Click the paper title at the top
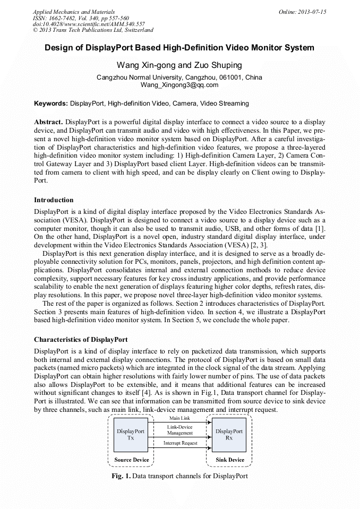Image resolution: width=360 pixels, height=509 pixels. pos(179,48)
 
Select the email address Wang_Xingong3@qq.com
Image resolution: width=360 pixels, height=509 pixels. pos(179,85)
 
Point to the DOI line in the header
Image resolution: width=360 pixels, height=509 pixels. pos(89,24)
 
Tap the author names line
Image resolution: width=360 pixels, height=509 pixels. pos(179,65)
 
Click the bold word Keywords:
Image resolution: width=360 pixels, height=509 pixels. pos(51,103)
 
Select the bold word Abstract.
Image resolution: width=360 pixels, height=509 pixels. pos(48,122)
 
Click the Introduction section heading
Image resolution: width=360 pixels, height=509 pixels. pos(54,200)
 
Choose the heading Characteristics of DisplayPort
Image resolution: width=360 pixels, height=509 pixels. pos(81,339)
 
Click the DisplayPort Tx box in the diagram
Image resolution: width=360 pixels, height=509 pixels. pos(131,435)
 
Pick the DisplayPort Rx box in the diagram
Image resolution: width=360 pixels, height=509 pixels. pos(229,435)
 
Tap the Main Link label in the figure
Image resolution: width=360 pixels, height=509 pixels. pos(179,419)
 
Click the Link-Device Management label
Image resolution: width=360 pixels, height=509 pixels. pos(179,430)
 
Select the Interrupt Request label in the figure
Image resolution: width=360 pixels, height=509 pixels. pos(180,443)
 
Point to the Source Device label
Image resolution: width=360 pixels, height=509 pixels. pos(131,460)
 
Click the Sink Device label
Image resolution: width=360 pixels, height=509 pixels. pos(230,460)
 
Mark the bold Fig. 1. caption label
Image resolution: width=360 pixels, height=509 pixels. pos(121,476)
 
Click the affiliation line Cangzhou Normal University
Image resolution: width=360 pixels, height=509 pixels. pos(179,77)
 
